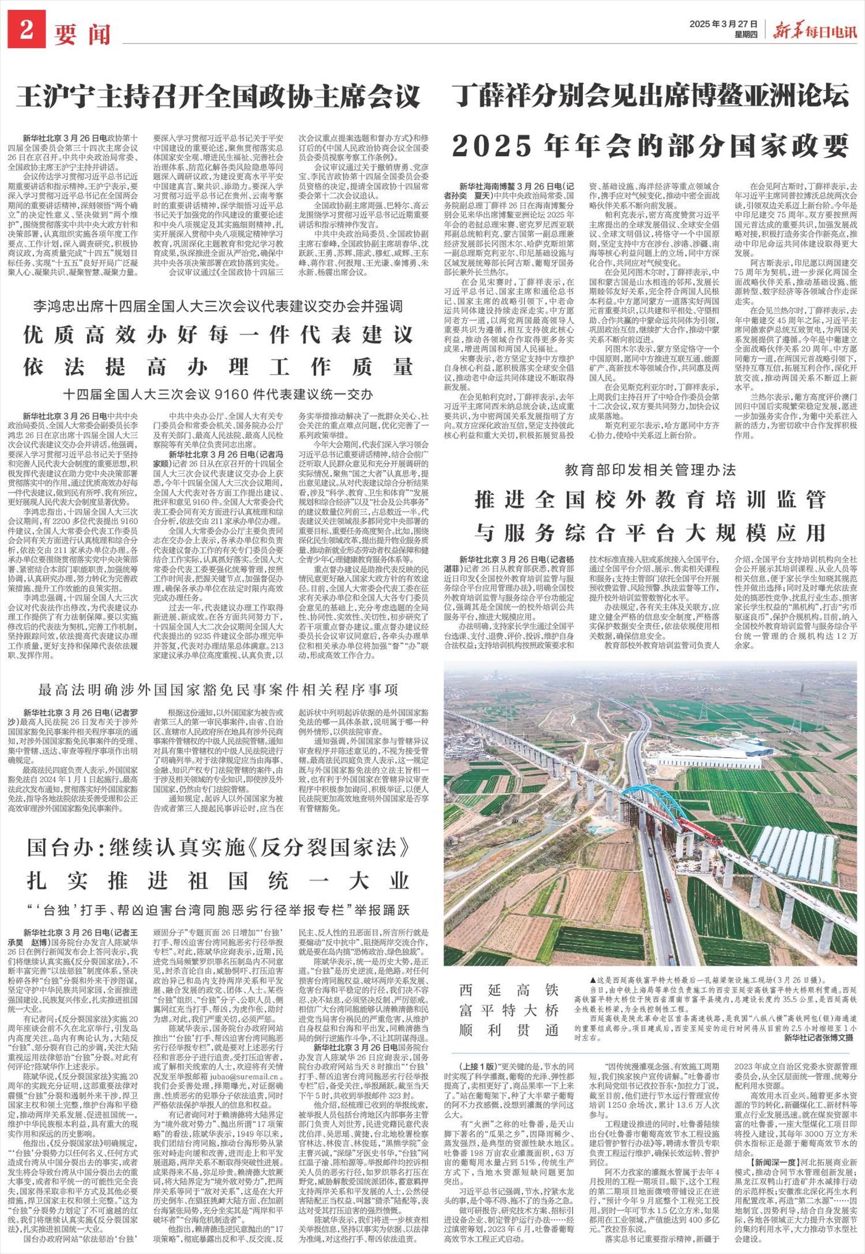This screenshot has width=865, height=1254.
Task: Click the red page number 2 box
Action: click(27, 30)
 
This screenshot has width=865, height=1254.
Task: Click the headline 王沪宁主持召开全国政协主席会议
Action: click(219, 96)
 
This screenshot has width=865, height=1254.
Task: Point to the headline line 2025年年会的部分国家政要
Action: click(650, 145)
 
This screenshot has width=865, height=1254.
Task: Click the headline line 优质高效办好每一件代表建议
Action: click(219, 334)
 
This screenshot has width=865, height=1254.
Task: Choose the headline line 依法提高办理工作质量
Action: click(219, 366)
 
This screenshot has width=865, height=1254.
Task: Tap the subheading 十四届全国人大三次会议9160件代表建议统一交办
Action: click(219, 395)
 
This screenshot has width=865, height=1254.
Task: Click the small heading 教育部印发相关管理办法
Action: click(650, 470)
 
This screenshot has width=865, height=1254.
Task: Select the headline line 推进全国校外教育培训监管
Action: click(650, 499)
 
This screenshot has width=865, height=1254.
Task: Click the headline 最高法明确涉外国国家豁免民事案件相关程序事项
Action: click(219, 690)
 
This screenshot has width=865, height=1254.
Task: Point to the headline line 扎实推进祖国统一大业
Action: click(219, 881)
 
